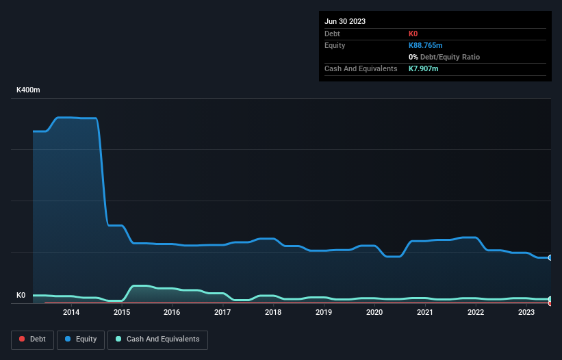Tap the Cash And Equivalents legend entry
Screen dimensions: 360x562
point(157,339)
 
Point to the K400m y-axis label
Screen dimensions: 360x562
point(28,90)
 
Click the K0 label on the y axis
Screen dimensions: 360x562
point(21,296)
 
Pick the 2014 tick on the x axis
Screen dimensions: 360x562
point(71,313)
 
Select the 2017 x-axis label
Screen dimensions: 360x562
point(222,313)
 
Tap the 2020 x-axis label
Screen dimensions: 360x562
point(374,313)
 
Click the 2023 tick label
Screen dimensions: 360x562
point(526,313)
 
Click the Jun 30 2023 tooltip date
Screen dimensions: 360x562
point(345,21)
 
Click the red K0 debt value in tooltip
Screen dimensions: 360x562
point(414,34)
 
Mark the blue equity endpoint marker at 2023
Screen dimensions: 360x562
point(550,257)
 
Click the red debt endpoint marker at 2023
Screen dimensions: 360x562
point(550,303)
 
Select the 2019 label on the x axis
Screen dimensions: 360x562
point(324,313)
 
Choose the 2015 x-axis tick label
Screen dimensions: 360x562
point(122,313)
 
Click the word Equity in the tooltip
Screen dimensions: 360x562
point(335,45)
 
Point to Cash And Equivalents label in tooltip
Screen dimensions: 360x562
point(361,68)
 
